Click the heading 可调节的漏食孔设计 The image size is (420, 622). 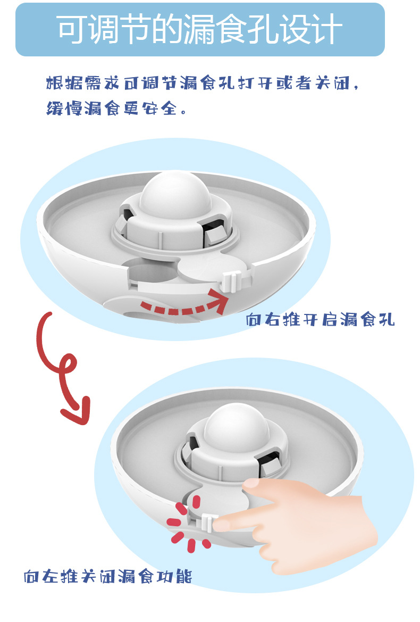point(199,29)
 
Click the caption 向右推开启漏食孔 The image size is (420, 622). point(320,320)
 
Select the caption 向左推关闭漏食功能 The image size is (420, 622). point(107,576)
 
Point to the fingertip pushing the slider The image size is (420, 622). point(222,524)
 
